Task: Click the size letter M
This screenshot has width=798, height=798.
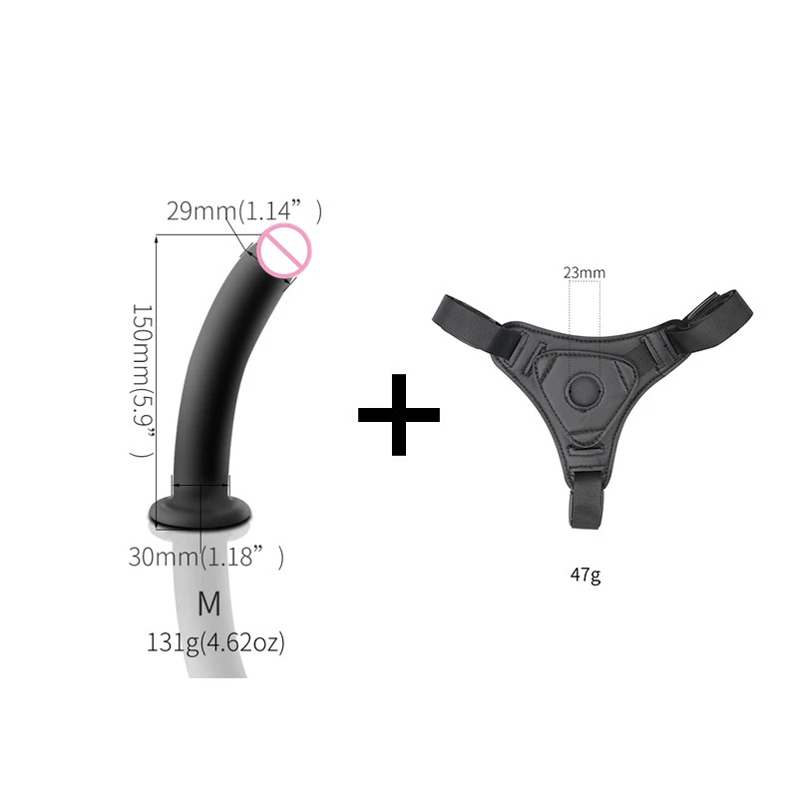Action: click(208, 603)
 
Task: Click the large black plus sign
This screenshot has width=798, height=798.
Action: click(399, 415)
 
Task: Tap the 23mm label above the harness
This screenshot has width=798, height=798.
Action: click(584, 271)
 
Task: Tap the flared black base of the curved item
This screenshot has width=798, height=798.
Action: click(199, 512)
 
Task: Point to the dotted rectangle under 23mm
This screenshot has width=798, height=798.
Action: click(584, 309)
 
